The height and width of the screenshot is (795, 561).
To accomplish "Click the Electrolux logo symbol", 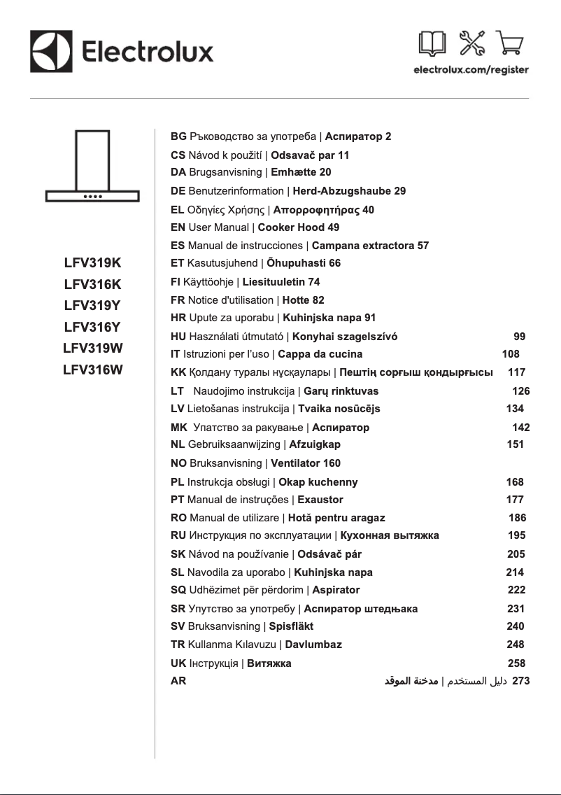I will coord(50,51).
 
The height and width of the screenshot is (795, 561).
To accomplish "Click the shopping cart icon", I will coord(511,44).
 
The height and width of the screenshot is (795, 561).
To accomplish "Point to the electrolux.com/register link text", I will coord(471,70).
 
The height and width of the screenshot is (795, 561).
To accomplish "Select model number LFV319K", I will coord(92,264).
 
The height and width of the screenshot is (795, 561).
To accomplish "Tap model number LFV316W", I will coord(92,371).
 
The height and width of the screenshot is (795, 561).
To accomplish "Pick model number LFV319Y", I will coord(92,305).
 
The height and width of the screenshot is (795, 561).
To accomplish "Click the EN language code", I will coord(178,227).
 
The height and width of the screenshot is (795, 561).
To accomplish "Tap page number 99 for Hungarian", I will coord(519,337).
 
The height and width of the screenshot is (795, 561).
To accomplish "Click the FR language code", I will coord(178,300).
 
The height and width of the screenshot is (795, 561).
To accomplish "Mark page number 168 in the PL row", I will coord(515,482).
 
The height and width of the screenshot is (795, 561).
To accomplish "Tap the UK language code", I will coord(178,663).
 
